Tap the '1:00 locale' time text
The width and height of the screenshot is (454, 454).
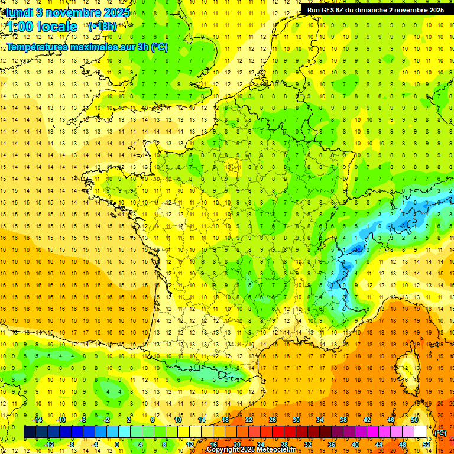tap(42, 27)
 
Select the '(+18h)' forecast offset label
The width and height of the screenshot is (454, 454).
tap(102, 26)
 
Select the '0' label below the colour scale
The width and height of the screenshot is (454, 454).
tap(116, 444)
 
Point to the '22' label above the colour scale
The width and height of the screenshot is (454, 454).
tap(249, 420)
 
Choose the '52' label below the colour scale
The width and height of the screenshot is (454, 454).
tap(426, 444)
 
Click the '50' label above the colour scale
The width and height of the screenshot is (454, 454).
tap(414, 420)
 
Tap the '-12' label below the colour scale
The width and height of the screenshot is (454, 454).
tap(49, 444)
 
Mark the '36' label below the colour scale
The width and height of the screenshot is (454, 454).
tap(332, 444)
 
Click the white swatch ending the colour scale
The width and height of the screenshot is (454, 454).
tap(420, 432)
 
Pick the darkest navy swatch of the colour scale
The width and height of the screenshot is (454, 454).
tap(30, 432)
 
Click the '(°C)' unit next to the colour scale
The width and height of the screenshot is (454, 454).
tap(440, 432)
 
